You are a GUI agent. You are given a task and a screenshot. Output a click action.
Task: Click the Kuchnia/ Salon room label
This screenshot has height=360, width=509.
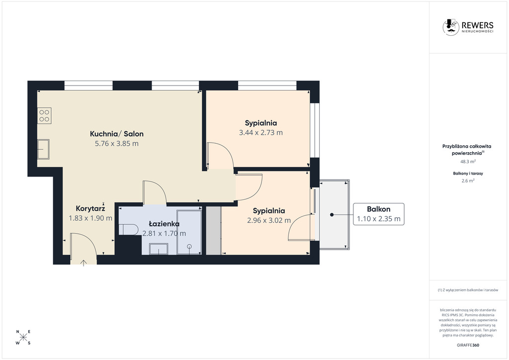(x=116, y=134)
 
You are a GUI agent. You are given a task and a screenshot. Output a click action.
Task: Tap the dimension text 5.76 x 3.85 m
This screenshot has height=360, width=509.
(x=116, y=144)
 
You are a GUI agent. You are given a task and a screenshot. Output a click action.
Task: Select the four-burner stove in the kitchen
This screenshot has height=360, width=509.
(x=44, y=115)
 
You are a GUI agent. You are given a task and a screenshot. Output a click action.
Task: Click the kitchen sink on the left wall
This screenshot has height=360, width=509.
(x=44, y=149)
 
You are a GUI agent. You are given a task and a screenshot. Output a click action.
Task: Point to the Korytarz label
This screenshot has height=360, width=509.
(x=90, y=208)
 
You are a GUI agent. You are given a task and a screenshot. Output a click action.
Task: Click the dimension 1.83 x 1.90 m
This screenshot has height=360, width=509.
(x=90, y=218)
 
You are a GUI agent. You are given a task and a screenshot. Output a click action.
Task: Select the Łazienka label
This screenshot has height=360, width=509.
(x=164, y=224)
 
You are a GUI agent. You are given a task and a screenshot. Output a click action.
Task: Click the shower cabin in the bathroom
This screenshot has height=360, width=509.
(x=189, y=232)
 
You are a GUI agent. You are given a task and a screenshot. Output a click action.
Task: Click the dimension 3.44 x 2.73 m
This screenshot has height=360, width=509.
(x=260, y=133)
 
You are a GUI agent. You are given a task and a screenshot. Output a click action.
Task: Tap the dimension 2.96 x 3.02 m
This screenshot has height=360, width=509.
(x=268, y=220)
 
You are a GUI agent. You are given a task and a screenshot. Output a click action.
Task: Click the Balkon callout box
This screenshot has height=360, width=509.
(x=378, y=214)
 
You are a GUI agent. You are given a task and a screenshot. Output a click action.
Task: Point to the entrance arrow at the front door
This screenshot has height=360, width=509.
(x=83, y=262)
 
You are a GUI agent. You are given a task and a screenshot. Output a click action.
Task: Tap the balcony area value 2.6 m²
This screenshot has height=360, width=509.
(x=468, y=181)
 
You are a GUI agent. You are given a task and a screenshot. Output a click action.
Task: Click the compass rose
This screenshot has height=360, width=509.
(x=23, y=337)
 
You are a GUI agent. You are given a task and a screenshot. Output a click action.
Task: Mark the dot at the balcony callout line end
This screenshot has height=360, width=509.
(x=331, y=214)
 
